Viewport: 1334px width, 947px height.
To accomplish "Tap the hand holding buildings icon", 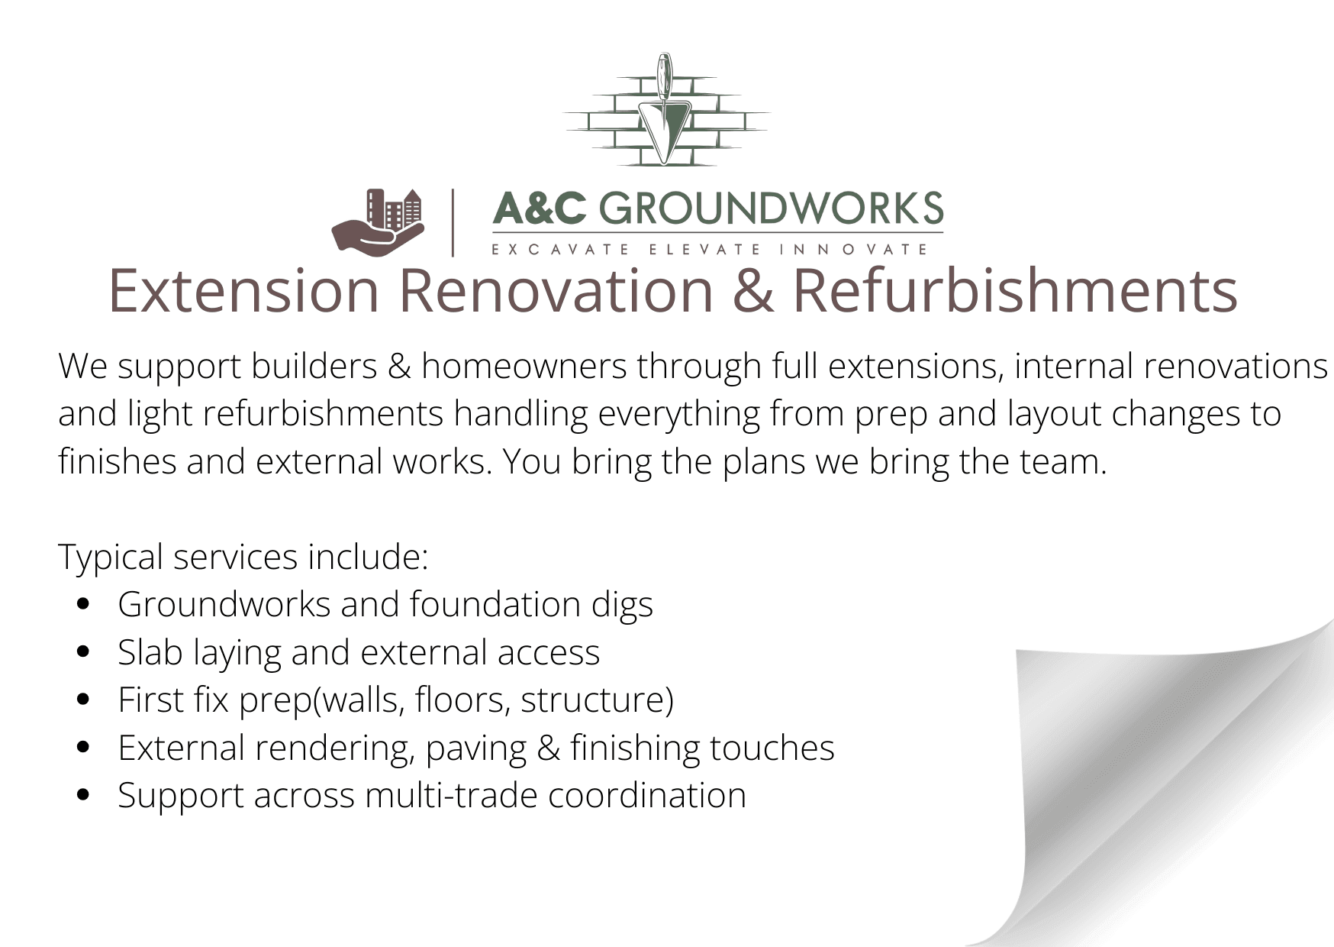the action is [378, 222].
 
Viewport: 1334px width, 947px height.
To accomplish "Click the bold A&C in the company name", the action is [540, 208].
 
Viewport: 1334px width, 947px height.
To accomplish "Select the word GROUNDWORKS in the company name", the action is [771, 208].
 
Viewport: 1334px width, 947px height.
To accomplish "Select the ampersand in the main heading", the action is [753, 291].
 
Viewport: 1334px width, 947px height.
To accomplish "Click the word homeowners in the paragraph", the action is [524, 366].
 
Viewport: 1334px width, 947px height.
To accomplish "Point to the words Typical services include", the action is [243, 558].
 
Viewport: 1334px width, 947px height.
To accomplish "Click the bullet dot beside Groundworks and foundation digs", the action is [84, 604].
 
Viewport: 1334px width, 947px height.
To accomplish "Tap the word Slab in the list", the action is [150, 652].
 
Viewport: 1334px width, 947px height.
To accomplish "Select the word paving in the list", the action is [476, 748].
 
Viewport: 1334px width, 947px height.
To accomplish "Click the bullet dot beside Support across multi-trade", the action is [84, 795].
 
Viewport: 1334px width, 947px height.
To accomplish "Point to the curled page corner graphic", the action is [1160, 787].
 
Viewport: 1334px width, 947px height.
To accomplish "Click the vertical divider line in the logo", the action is [453, 223].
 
